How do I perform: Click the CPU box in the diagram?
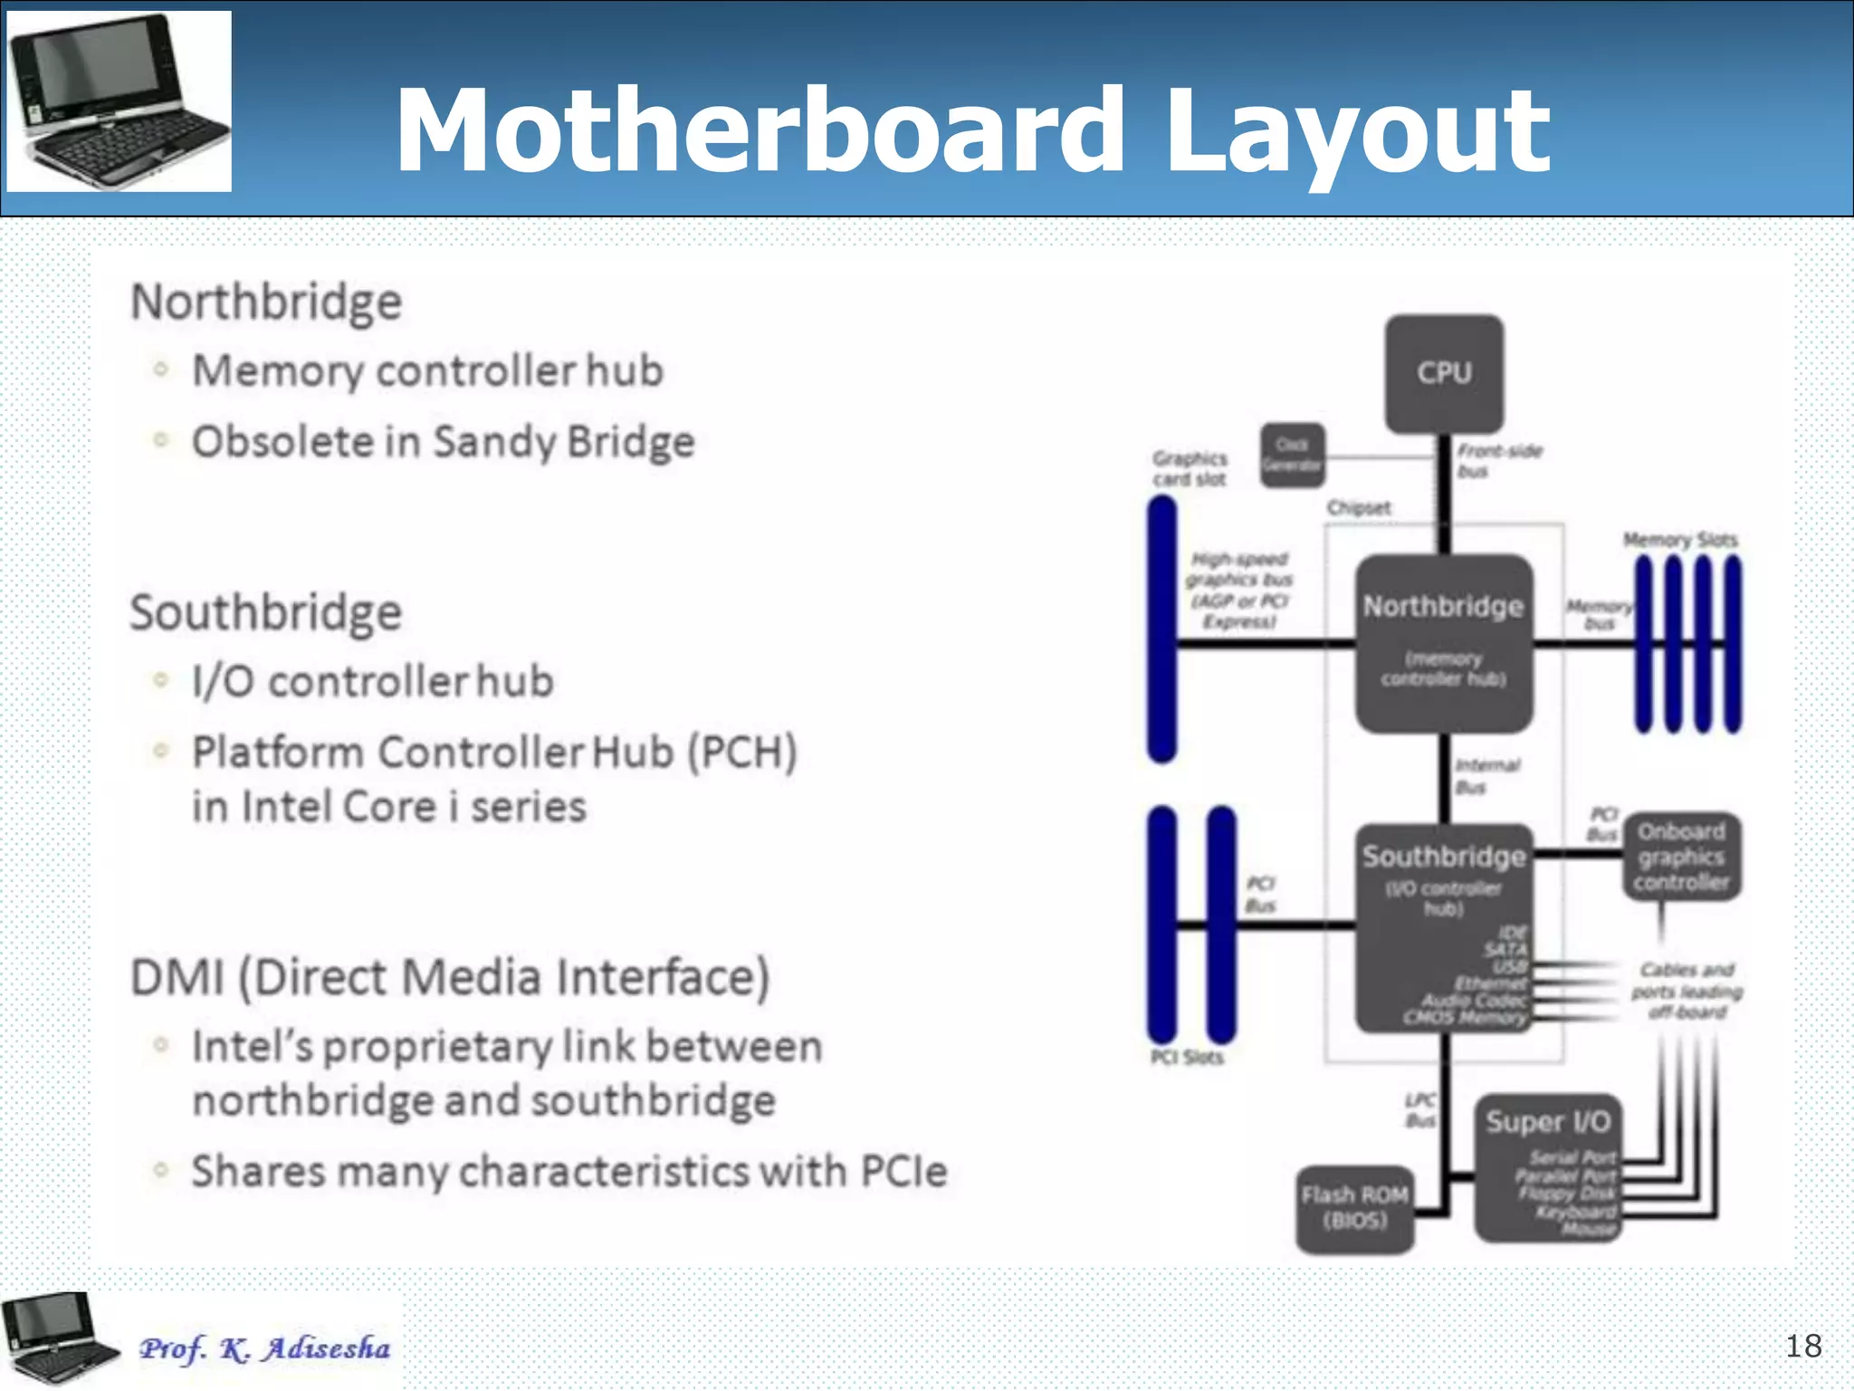[1444, 373]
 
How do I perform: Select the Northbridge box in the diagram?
[1444, 642]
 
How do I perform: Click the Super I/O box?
[1547, 1167]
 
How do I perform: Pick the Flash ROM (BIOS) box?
[1354, 1208]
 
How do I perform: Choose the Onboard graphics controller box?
[1681, 857]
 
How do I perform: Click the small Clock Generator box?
[1292, 456]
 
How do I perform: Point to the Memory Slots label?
[1680, 540]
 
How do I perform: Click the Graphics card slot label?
[1190, 468]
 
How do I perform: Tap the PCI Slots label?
[1186, 1057]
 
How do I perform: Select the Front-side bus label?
[1498, 461]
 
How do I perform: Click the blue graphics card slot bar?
[1161, 628]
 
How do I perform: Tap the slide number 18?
[1802, 1346]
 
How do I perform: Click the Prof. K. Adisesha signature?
[264, 1348]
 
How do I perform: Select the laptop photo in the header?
[119, 101]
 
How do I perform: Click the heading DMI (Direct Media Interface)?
[450, 977]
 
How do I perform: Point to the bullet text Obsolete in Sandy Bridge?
[443, 442]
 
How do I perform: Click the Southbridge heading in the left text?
[265, 612]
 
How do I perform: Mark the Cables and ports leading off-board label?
[1687, 991]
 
